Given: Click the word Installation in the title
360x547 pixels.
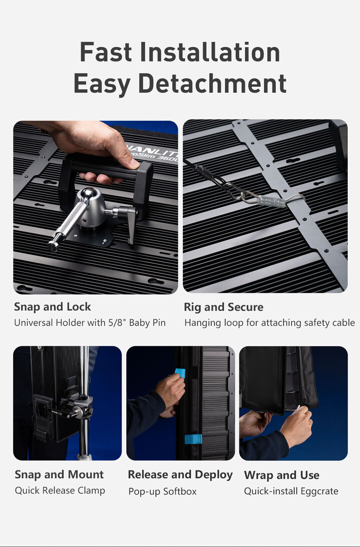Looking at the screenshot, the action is [x=210, y=52].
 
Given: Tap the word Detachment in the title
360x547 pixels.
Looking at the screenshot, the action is [x=212, y=83].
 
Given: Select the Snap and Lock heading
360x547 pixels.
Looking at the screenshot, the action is [x=52, y=307].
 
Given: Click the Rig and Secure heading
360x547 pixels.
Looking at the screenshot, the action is [x=224, y=307].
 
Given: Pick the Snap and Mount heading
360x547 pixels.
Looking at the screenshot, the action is [x=59, y=475].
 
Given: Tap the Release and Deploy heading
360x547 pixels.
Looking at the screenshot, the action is [x=180, y=475].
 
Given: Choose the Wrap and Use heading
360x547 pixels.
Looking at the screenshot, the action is [x=282, y=475].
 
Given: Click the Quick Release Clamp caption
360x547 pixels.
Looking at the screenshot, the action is [x=60, y=491].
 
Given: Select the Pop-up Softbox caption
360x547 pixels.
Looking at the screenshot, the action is [x=163, y=492].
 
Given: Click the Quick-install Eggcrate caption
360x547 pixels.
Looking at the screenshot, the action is [x=291, y=491].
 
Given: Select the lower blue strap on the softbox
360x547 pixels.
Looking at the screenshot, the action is [x=193, y=439].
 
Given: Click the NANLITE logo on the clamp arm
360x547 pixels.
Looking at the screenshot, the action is [x=57, y=412].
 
